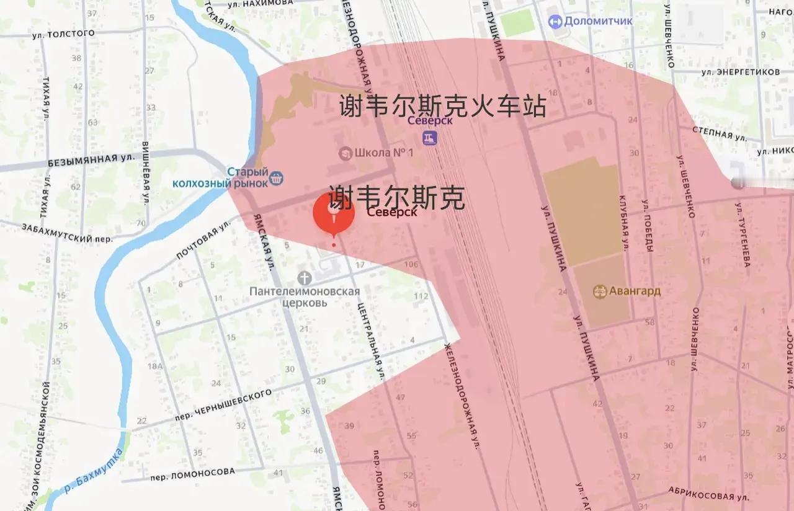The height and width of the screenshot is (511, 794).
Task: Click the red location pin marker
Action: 334,215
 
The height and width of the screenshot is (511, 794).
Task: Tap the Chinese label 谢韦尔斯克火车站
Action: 442,106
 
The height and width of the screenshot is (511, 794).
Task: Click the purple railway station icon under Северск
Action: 429,138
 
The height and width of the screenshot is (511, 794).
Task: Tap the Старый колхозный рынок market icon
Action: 277,178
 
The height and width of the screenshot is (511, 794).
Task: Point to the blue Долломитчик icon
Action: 555,22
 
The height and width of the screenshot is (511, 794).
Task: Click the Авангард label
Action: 634,291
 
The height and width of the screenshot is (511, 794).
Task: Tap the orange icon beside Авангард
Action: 599,291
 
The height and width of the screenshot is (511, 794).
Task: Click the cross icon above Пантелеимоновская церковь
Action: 304,277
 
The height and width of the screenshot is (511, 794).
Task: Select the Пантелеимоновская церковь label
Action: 305,297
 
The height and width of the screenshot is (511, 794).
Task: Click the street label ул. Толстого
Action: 63,34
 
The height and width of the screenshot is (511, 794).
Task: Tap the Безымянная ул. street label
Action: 91,159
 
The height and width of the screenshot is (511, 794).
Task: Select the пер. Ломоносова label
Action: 195,473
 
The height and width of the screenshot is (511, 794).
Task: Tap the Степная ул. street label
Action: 720,132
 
